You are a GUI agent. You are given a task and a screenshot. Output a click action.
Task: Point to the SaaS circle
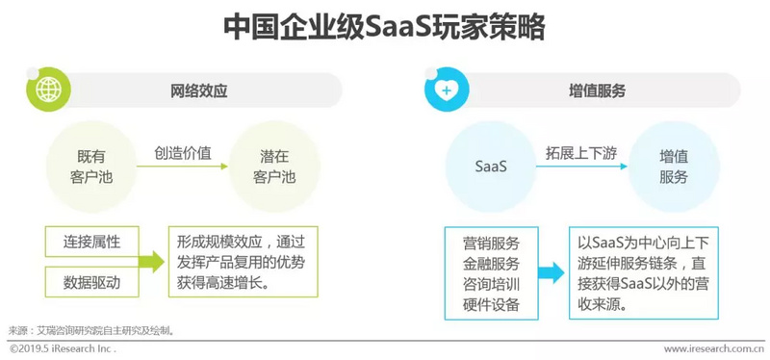click(x=491, y=166)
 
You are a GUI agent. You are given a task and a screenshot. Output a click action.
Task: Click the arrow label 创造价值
click(x=183, y=151)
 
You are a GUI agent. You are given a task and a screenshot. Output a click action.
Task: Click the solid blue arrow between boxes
click(x=549, y=273)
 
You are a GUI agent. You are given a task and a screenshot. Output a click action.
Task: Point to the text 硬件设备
click(x=491, y=305)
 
